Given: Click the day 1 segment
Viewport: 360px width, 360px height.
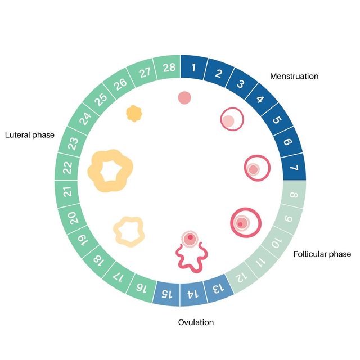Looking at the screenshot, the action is pos(193,67).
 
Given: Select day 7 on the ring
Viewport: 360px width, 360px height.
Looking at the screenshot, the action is pos(294,167).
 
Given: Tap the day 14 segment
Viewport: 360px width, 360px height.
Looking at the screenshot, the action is pos(193,294).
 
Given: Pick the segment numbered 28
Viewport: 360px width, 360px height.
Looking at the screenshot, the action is pos(168,67).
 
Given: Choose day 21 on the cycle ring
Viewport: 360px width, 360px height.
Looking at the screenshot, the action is pos(67,192).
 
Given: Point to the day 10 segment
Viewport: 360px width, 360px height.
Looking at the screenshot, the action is pos(276,242).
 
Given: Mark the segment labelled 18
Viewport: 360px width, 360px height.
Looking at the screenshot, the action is pos(99,260).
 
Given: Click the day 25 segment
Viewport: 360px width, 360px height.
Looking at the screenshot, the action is pos(100,99).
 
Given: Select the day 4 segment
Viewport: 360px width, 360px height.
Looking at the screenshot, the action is pos(261,99).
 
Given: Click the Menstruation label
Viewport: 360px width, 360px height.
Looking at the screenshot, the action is pos(294,76).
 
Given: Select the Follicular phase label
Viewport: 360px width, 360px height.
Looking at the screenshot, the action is pos(322,254).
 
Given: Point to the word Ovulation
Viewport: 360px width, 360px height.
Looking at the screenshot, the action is pos(196,322).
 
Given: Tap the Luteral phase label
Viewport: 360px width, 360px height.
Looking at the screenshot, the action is pos(30,135).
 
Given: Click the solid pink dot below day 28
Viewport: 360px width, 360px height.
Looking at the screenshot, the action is pos(184,98).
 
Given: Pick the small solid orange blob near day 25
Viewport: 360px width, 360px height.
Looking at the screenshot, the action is pos(134,114).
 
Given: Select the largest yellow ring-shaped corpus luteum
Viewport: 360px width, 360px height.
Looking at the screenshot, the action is pos(94,171).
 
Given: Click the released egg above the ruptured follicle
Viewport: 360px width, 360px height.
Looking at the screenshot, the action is pos(190,238).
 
